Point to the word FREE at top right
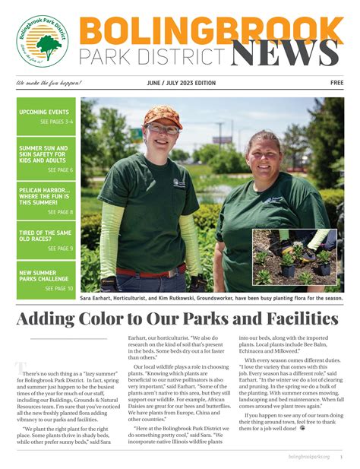336,83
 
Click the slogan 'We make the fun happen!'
48,83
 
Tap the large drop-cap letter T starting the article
20,369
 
